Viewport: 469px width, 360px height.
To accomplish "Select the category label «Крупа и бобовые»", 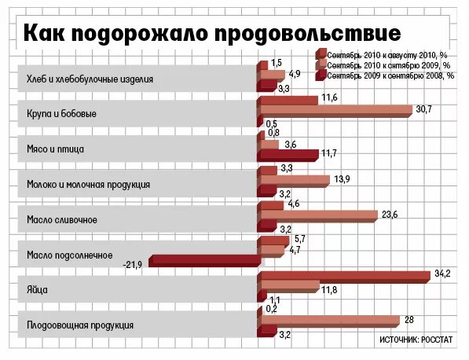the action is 61,114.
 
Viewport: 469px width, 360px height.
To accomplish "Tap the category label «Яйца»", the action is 37,290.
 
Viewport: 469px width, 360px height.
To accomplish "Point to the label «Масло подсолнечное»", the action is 70,255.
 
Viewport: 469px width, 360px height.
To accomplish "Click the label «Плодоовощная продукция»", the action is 80,325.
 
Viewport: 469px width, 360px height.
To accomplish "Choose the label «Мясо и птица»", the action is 55,149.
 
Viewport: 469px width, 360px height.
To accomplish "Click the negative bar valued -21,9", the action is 205,261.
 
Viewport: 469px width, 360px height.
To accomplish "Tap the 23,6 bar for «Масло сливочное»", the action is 317,216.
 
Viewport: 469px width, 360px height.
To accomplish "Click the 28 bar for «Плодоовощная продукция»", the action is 328,322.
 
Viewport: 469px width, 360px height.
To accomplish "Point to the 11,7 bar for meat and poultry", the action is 288,156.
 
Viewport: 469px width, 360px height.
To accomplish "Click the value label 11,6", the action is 330,97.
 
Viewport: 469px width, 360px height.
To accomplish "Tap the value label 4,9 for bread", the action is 295,74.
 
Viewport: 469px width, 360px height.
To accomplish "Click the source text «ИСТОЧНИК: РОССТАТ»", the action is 416,340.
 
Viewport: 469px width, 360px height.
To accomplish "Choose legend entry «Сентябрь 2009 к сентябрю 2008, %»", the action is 385,76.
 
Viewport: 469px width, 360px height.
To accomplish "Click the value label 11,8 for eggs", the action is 329,290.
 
